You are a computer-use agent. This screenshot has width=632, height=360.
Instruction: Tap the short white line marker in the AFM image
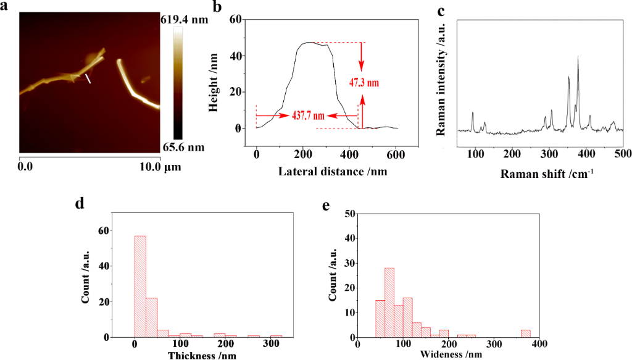(x=89, y=79)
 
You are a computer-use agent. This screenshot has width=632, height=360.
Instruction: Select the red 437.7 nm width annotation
(x=309, y=115)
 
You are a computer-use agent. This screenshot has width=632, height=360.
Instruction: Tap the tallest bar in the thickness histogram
(x=140, y=287)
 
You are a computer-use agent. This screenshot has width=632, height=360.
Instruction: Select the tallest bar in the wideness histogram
(x=389, y=303)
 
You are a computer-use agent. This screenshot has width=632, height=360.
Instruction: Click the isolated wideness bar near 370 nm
(x=525, y=333)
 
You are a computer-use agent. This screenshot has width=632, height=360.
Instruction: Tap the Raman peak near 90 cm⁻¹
(x=473, y=114)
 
